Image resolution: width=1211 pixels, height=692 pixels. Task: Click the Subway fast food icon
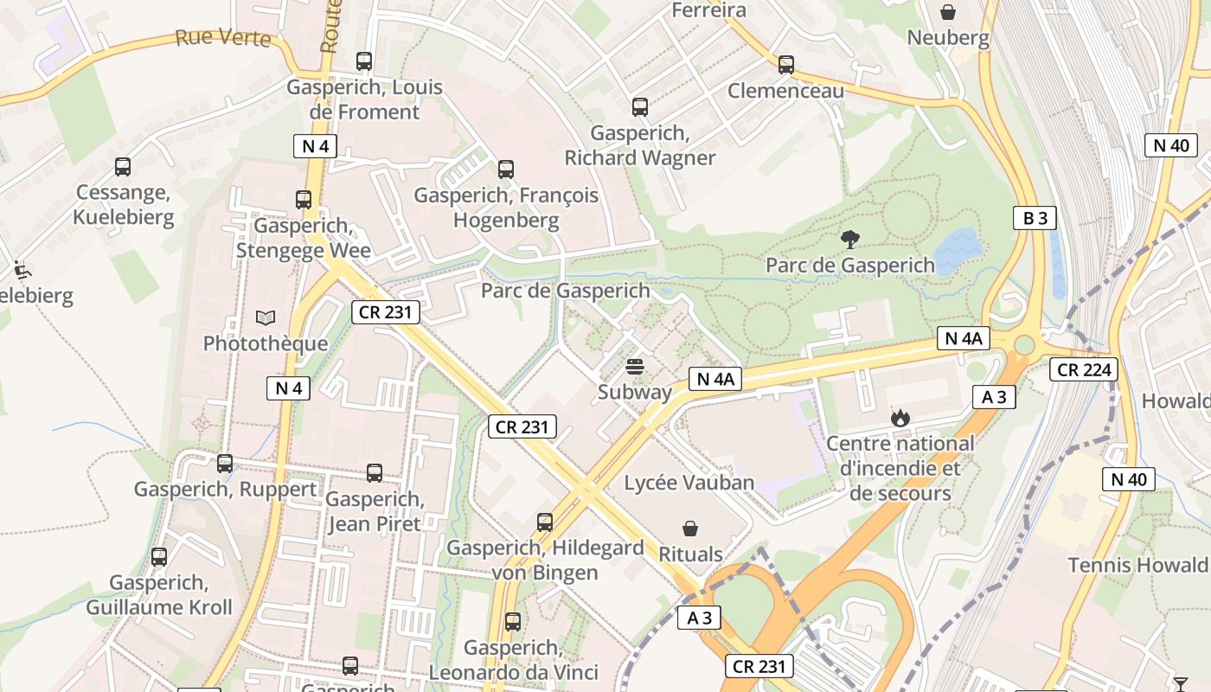(x=635, y=367)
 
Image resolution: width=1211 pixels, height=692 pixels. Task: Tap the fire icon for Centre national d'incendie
(x=900, y=419)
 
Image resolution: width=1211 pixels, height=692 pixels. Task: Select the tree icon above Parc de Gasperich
(x=850, y=240)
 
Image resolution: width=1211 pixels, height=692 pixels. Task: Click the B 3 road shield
(x=1035, y=218)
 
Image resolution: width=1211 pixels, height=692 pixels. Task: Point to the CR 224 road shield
(x=1084, y=370)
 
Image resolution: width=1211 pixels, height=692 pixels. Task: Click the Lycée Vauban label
(x=689, y=483)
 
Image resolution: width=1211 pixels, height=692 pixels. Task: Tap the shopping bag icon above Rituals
(x=690, y=528)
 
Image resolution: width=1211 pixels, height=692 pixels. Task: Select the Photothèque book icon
(x=266, y=318)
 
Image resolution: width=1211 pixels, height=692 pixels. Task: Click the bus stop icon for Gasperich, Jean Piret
(x=374, y=473)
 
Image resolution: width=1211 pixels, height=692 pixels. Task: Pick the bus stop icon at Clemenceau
(x=785, y=65)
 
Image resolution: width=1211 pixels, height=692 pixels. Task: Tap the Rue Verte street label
(x=222, y=38)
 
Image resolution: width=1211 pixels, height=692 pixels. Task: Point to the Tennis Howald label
(x=1137, y=565)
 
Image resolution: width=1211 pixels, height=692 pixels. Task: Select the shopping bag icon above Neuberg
(x=948, y=12)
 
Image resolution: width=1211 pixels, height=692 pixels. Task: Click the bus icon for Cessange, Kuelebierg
(x=123, y=167)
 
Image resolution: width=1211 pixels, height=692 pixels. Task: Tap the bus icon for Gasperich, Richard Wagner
(x=639, y=107)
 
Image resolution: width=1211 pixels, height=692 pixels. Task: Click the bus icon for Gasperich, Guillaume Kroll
(x=159, y=557)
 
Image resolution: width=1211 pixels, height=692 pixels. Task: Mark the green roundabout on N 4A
(x=1024, y=345)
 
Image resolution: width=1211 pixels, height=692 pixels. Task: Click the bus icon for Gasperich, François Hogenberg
(x=506, y=170)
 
